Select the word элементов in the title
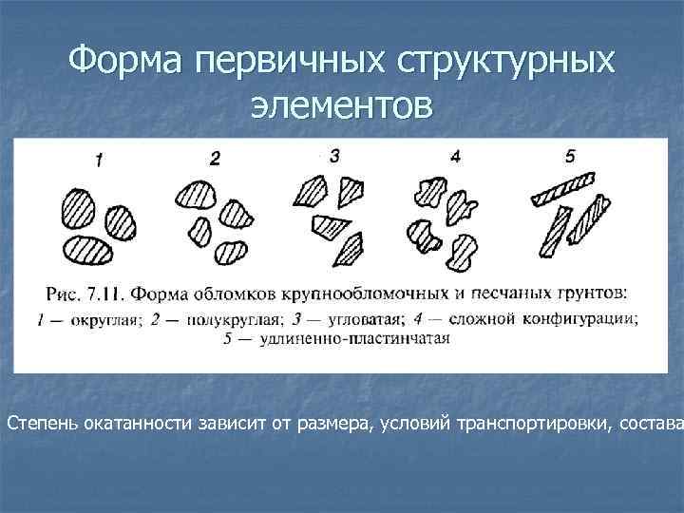(x=341, y=104)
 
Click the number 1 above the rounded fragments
(x=98, y=161)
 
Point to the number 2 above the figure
(x=215, y=159)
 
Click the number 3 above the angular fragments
(x=333, y=156)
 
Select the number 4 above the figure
(x=455, y=157)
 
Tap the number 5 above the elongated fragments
(x=570, y=156)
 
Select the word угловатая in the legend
(x=365, y=319)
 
